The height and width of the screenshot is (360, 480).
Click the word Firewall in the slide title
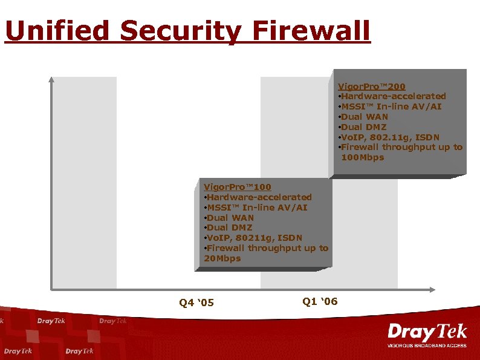(x=311, y=31)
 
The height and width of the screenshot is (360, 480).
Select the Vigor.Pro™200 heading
(x=371, y=87)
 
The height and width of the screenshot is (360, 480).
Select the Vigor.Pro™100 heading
(x=238, y=187)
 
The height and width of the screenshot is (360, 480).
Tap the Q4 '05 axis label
(x=196, y=303)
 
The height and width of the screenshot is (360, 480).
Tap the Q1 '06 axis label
(x=320, y=301)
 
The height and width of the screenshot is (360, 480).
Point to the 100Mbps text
(x=362, y=157)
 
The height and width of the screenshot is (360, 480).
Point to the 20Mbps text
(x=222, y=258)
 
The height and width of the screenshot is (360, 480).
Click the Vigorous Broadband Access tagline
(x=427, y=345)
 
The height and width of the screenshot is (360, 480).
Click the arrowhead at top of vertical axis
(x=51, y=79)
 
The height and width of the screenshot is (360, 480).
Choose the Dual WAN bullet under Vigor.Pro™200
(x=363, y=117)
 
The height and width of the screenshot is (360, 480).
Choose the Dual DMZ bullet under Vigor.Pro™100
(x=229, y=227)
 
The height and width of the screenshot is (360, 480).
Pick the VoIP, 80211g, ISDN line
(x=253, y=238)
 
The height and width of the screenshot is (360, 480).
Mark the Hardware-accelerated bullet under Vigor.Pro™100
(x=258, y=197)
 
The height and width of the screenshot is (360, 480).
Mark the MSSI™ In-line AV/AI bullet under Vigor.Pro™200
(x=390, y=106)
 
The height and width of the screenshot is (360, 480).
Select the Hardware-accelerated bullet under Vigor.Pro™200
(x=392, y=96)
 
